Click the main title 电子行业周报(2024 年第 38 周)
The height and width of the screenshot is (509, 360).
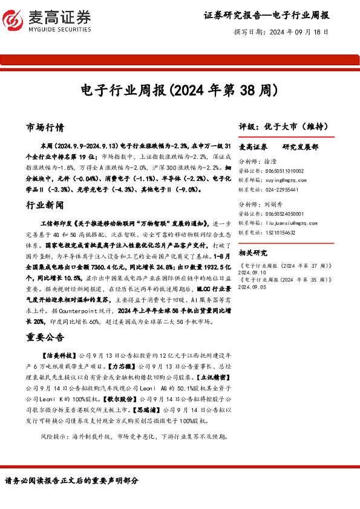(x=180, y=91)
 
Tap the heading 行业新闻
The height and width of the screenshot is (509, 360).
(x=45, y=206)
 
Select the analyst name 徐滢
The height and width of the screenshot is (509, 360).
(x=274, y=163)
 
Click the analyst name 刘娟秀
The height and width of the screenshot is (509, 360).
(x=277, y=205)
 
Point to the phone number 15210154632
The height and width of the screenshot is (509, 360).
(x=284, y=232)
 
